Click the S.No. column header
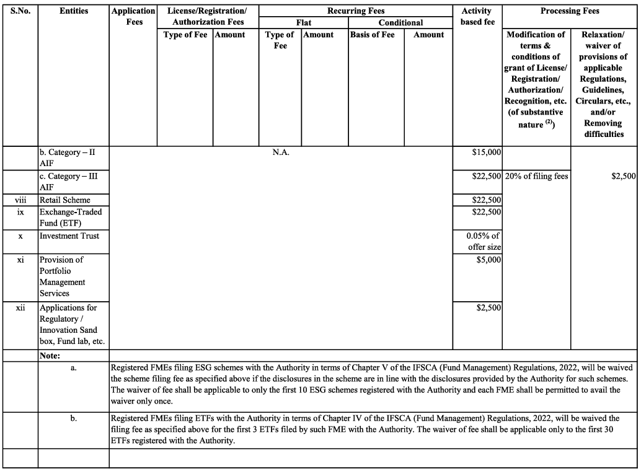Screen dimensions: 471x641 (20, 11)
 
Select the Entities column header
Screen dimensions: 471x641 (74, 11)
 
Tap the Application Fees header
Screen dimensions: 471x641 (133, 17)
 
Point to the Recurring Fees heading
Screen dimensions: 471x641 (356, 11)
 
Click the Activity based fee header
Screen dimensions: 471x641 (477, 17)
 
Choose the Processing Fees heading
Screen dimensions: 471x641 (569, 11)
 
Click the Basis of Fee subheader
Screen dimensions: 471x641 (372, 35)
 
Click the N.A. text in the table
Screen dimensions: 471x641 (281, 152)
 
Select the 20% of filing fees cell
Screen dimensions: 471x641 (536, 176)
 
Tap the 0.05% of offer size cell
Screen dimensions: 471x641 (484, 242)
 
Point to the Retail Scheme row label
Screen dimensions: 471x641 (65, 200)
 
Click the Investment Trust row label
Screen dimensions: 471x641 (69, 236)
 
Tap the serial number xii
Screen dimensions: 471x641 (20, 308)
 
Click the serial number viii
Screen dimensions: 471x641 (20, 200)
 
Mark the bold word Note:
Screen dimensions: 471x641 (50, 356)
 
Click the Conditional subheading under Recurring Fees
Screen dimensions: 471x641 (400, 23)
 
